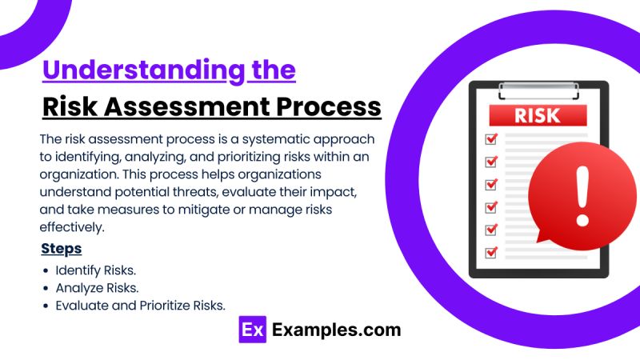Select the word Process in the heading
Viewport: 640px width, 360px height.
click(328, 106)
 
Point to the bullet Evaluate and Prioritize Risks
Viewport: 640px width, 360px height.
click(141, 305)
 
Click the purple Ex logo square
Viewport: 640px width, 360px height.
click(252, 330)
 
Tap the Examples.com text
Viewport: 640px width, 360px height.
click(336, 330)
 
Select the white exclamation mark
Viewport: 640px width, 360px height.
click(582, 194)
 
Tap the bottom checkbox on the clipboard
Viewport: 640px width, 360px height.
click(491, 253)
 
